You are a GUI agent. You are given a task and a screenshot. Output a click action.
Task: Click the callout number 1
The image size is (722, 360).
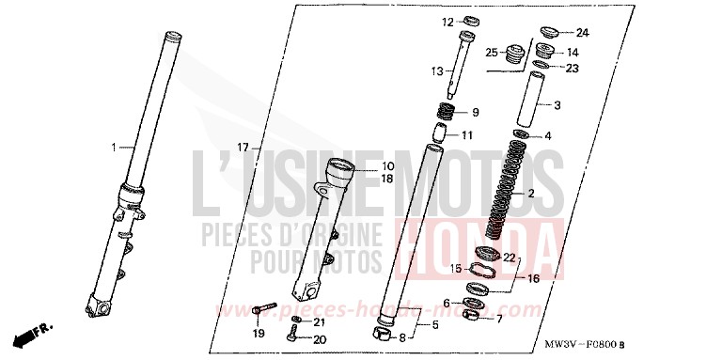115,148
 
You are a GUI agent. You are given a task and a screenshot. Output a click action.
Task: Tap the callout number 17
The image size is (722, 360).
243,148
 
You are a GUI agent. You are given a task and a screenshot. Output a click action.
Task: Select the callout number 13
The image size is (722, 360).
436,71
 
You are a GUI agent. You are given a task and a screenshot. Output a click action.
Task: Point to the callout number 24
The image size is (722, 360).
582,33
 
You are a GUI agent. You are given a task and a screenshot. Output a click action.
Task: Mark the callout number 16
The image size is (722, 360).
534,279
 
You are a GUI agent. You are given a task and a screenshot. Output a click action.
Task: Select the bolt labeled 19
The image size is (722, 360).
264,308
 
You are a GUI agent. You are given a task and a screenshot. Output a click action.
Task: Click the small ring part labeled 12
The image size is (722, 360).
471,22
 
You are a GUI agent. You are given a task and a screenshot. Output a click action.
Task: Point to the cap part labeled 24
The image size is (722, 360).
548,32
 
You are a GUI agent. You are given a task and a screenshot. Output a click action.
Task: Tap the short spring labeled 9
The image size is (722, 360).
449,112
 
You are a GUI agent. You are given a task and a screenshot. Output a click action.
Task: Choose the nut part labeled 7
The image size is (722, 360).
474,317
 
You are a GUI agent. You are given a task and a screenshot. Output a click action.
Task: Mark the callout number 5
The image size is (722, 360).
434,326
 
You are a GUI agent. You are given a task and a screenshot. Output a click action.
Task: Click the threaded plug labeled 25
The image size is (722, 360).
514,56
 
